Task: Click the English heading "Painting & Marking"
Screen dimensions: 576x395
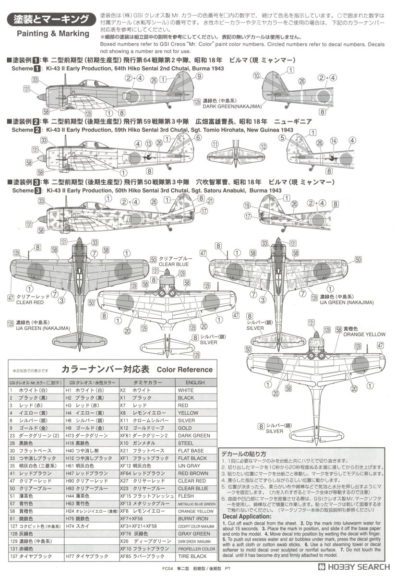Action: (53, 34)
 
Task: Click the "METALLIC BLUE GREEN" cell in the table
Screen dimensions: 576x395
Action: (196, 504)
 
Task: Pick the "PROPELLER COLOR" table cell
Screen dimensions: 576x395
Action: (196, 549)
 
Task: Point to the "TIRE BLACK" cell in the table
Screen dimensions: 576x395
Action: (192, 556)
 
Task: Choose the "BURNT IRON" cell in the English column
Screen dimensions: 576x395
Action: (192, 519)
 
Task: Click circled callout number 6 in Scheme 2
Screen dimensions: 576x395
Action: (197, 137)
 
